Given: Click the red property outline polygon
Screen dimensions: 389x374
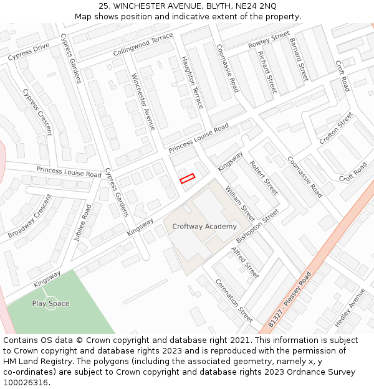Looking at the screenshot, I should [187, 179].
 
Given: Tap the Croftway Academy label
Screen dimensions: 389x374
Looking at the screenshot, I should [204, 227].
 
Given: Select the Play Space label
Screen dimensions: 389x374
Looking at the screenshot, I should [50, 304].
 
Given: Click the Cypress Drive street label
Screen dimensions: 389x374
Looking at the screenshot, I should [29, 52].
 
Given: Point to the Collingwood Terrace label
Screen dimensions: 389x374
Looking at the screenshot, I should [143, 45].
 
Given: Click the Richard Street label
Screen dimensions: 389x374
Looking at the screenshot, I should [267, 72].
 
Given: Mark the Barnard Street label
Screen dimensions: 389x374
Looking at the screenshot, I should [299, 60].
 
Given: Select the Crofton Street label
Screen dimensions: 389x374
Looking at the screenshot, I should [336, 128].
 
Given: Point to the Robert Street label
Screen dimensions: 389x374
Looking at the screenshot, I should [264, 178].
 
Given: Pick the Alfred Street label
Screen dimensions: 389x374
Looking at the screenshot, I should [245, 262].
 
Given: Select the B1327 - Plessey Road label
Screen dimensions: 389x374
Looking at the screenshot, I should [289, 300].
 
